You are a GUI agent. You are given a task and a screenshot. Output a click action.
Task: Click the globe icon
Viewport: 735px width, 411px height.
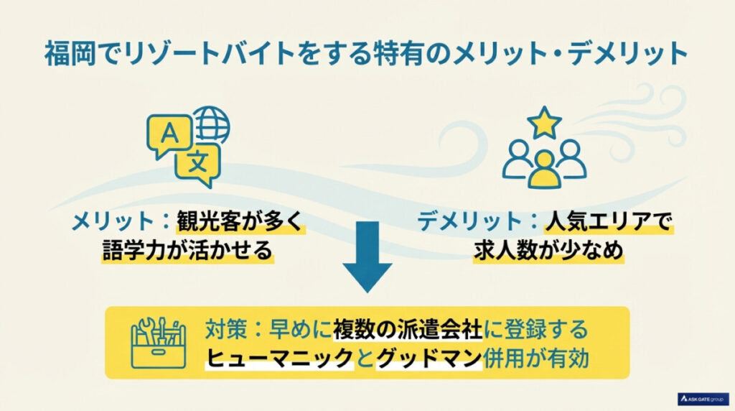tap(211, 126)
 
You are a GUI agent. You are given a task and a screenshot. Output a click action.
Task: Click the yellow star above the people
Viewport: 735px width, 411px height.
tap(544, 123)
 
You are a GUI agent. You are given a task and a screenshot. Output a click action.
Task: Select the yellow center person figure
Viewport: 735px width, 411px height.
tap(544, 169)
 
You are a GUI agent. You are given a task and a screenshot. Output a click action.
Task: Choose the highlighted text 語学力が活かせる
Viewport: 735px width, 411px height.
tap(188, 251)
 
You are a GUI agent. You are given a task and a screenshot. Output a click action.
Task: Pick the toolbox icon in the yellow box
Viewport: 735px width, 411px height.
tap(156, 342)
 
